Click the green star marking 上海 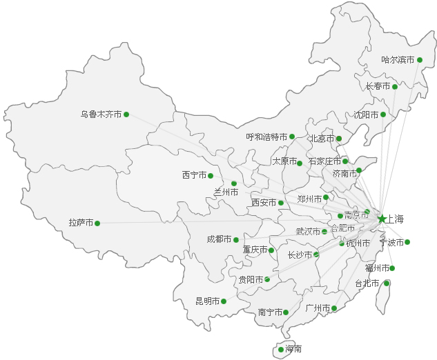pyautogui.click(x=382, y=219)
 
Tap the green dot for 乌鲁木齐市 pyautogui.click(x=126, y=114)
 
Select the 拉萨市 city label pyautogui.click(x=81, y=223)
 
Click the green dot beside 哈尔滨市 pyautogui.click(x=419, y=60)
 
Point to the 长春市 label pyautogui.click(x=378, y=87)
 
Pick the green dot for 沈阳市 pyautogui.click(x=383, y=114)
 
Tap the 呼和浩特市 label pyautogui.click(x=266, y=137)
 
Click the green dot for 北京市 pyautogui.click(x=339, y=139)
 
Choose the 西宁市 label pyautogui.click(x=194, y=175)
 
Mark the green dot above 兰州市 pyautogui.click(x=234, y=183)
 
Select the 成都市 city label pyautogui.click(x=219, y=239)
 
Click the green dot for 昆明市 pyautogui.click(x=224, y=301)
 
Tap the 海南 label pyautogui.click(x=293, y=350)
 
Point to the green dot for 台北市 pyautogui.click(x=387, y=283)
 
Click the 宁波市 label pyautogui.click(x=391, y=242)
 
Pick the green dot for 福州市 pyautogui.click(x=392, y=268)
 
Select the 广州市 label pyautogui.click(x=317, y=308)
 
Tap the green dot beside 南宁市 pyautogui.click(x=286, y=312)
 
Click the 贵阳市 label pyautogui.click(x=251, y=279)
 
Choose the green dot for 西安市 pyautogui.click(x=281, y=203)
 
